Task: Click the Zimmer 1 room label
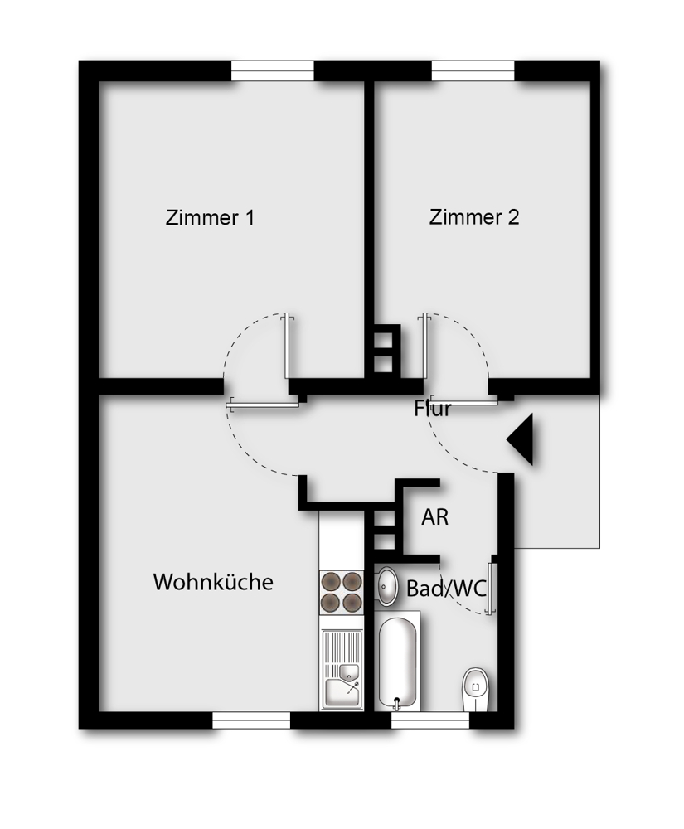coord(210,218)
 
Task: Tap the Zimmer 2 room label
coord(474,217)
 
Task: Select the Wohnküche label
coord(213,582)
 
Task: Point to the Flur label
coord(432,409)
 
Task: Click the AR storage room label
coord(435,517)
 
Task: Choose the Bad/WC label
coord(445,589)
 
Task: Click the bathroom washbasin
coord(386,587)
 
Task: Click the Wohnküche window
coord(251,721)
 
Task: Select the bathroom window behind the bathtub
coord(429,721)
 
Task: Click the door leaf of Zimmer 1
coord(287,348)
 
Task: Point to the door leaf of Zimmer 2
coord(424,348)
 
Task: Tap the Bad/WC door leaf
coord(493,588)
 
